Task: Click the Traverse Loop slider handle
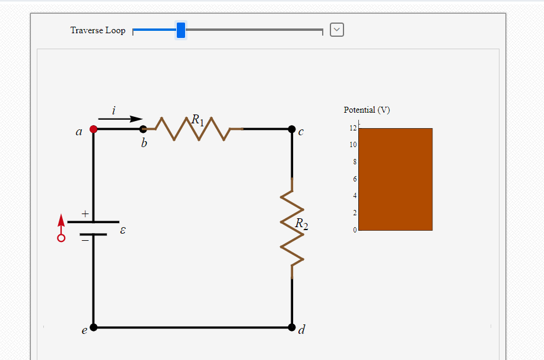[181, 30]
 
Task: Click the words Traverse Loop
[98, 30]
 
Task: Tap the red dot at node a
[93, 129]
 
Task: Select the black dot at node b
[143, 129]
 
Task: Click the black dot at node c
[291, 129]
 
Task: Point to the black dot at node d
[291, 327]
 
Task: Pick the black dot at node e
[93, 327]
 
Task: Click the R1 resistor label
[198, 120]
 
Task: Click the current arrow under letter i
[121, 119]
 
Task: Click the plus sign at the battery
[85, 212]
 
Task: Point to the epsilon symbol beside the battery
[123, 229]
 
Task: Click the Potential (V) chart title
[367, 110]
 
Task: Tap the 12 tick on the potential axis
[353, 128]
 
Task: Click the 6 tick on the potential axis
[355, 179]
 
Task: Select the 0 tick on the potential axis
[355, 230]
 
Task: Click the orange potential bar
[396, 179]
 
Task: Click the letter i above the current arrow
[114, 110]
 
